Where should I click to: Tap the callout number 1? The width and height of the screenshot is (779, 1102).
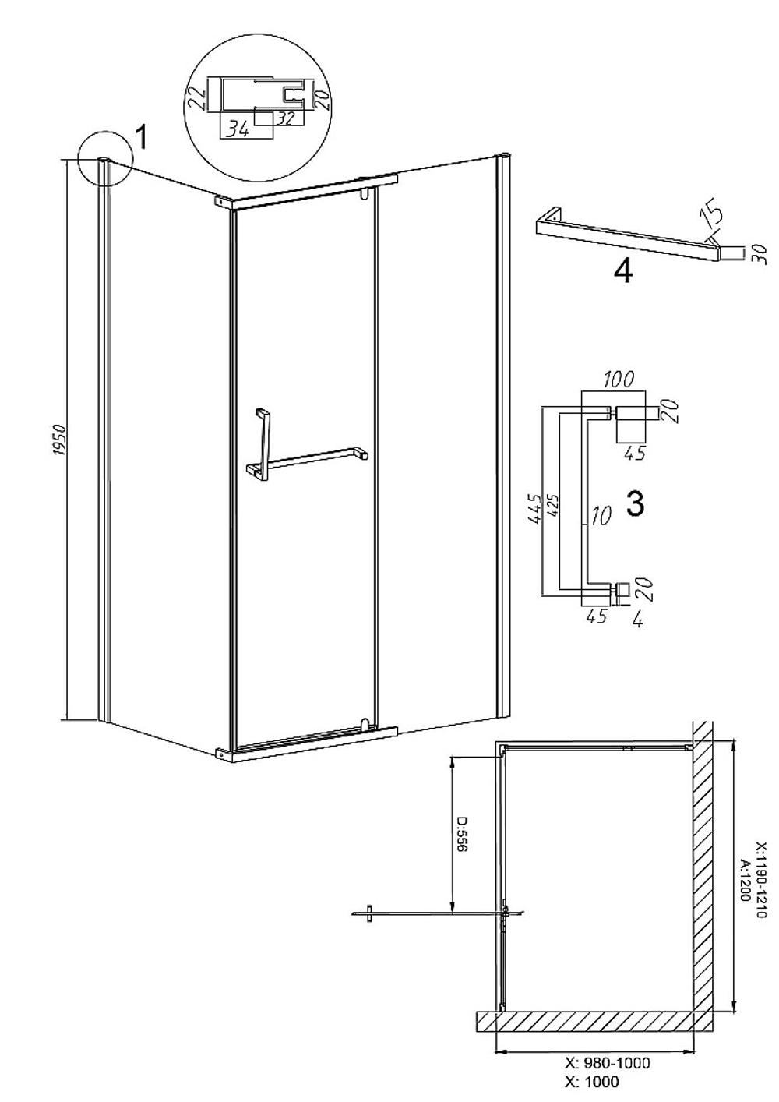[x=141, y=136]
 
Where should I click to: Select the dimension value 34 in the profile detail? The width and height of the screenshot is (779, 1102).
[x=238, y=129]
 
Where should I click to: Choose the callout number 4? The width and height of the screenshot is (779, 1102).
[x=623, y=271]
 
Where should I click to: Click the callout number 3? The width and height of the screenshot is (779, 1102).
[x=635, y=503]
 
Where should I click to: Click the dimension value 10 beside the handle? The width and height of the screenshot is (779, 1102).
[x=601, y=517]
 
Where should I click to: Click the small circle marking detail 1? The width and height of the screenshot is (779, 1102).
[x=105, y=159]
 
